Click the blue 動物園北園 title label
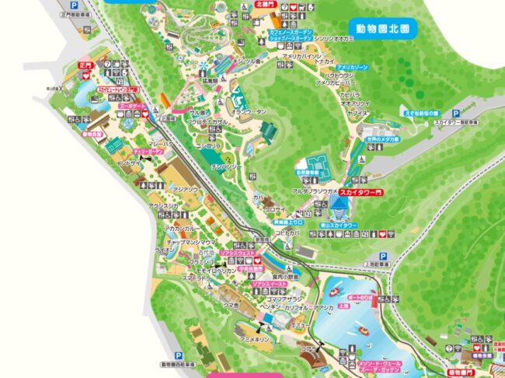click(x=382, y=27)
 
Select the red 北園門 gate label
click(x=264, y=4)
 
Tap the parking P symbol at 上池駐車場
click(x=382, y=256)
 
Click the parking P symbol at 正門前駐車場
click(x=74, y=5)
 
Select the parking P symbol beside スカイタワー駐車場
click(x=480, y=111)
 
